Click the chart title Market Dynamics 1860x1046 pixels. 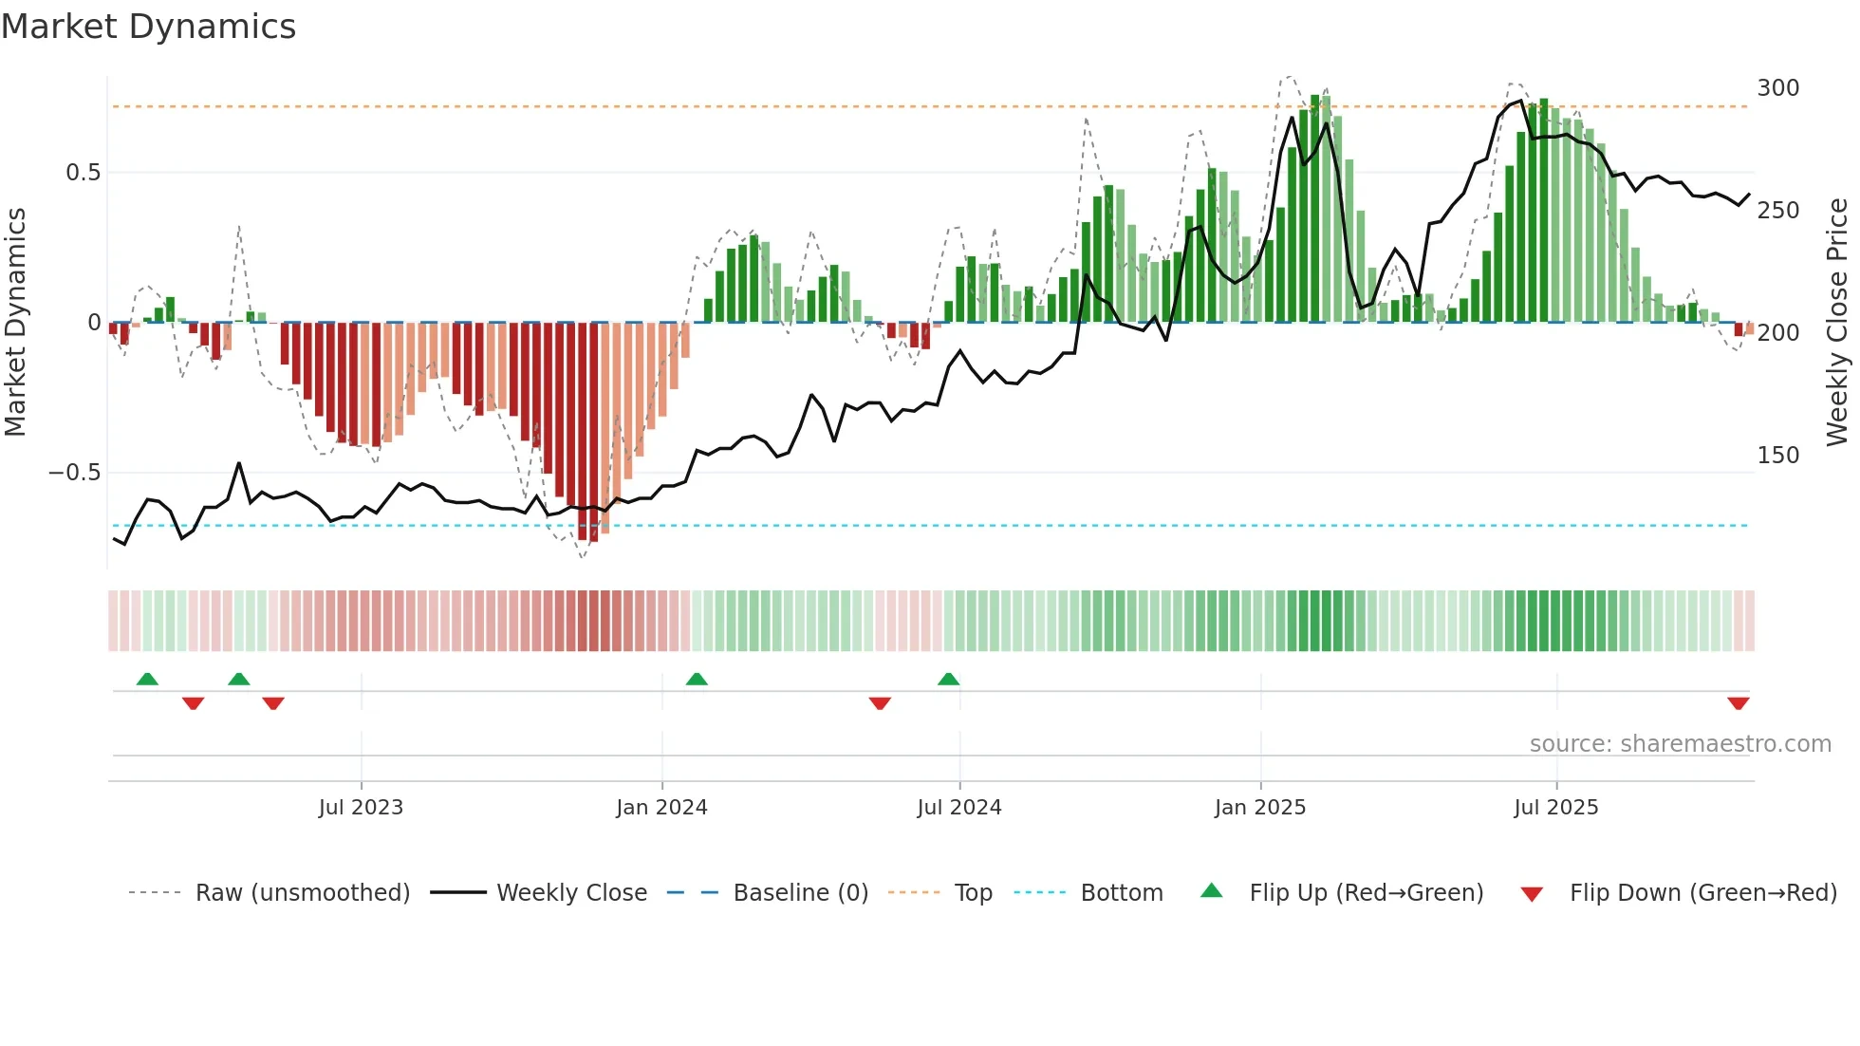click(148, 27)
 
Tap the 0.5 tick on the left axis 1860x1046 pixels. click(83, 173)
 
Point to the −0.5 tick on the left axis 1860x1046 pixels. click(75, 473)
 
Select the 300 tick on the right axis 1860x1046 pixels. click(1777, 88)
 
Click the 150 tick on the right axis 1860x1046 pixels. click(1777, 456)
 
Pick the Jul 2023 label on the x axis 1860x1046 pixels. click(361, 808)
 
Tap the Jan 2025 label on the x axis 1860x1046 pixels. click(1260, 808)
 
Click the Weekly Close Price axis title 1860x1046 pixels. click(1837, 323)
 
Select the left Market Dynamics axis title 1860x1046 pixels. click(15, 323)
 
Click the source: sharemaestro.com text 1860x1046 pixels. click(1680, 744)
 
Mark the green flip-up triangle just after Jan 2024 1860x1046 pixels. click(697, 680)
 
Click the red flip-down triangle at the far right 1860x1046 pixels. click(1739, 703)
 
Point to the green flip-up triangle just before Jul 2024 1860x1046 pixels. click(948, 680)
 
